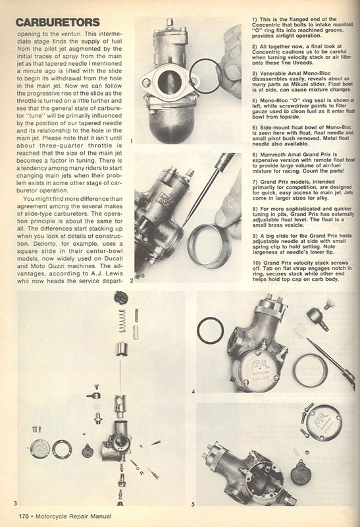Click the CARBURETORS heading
(58, 22)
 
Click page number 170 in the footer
(24, 516)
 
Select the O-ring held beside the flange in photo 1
(205, 76)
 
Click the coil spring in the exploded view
(122, 321)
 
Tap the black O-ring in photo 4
(210, 331)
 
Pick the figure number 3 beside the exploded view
(15, 503)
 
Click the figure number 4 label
(193, 391)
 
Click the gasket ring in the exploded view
(62, 449)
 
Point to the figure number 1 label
(131, 142)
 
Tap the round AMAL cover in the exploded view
(39, 449)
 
